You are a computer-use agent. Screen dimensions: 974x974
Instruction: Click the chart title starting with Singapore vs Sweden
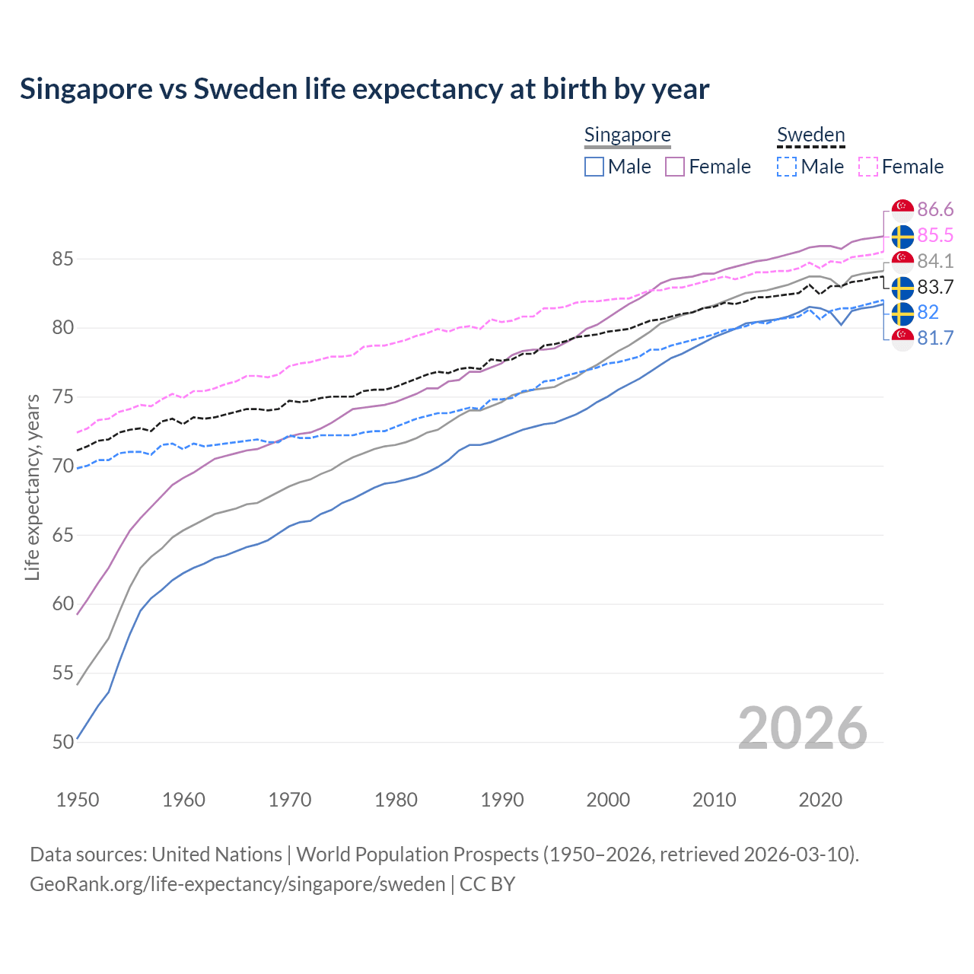(x=364, y=89)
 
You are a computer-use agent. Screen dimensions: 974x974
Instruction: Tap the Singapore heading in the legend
(x=627, y=135)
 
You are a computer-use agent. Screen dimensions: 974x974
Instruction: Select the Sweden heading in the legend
(x=810, y=135)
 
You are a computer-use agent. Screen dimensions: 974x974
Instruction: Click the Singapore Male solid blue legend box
(x=594, y=167)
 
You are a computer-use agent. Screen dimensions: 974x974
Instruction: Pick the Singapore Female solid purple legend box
(x=675, y=167)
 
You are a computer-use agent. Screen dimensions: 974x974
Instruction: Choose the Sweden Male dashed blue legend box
(x=787, y=167)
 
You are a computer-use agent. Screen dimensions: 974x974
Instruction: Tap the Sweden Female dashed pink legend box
(x=868, y=167)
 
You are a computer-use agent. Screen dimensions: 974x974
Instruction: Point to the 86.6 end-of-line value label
(x=935, y=209)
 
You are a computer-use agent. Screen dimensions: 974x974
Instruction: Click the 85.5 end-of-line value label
(x=935, y=235)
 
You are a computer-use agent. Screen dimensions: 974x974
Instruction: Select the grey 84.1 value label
(x=935, y=261)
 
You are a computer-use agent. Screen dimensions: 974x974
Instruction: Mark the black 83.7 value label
(x=935, y=287)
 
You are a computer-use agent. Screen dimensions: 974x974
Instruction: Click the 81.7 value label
(x=935, y=338)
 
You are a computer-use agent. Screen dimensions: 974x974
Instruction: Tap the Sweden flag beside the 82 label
(x=902, y=313)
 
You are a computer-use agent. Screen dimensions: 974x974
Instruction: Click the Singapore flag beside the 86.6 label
(x=902, y=210)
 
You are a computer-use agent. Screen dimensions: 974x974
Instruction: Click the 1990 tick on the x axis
(x=502, y=800)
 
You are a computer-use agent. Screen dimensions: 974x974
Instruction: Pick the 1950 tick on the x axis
(x=78, y=800)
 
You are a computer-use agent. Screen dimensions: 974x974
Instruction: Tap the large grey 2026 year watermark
(x=802, y=728)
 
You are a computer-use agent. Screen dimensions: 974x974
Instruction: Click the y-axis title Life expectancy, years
(x=33, y=487)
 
